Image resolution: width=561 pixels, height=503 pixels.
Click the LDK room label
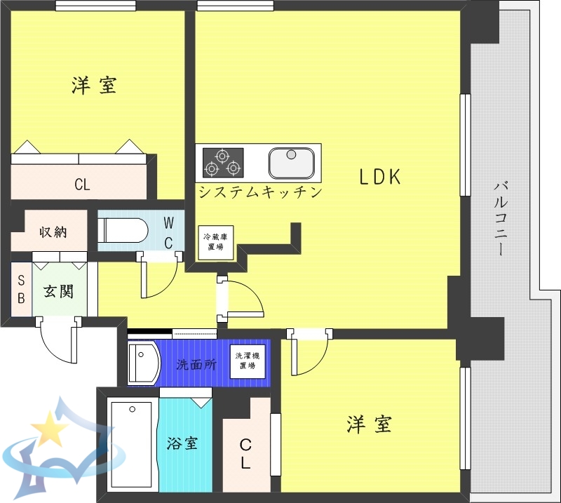(x=380, y=177)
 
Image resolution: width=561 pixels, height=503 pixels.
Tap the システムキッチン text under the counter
(x=259, y=192)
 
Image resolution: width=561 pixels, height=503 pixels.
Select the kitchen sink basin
(x=291, y=163)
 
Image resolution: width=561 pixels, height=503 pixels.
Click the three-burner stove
(x=222, y=162)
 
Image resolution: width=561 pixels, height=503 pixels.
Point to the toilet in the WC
(x=123, y=229)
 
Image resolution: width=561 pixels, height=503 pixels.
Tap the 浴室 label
(x=182, y=443)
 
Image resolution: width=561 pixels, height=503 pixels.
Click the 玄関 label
(x=58, y=290)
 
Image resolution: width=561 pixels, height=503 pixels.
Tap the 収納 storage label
(x=53, y=231)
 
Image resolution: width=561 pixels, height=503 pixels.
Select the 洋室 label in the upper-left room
(x=94, y=86)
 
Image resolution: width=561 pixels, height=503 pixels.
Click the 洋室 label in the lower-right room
(x=369, y=424)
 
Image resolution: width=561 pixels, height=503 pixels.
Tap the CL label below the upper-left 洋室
(x=82, y=186)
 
